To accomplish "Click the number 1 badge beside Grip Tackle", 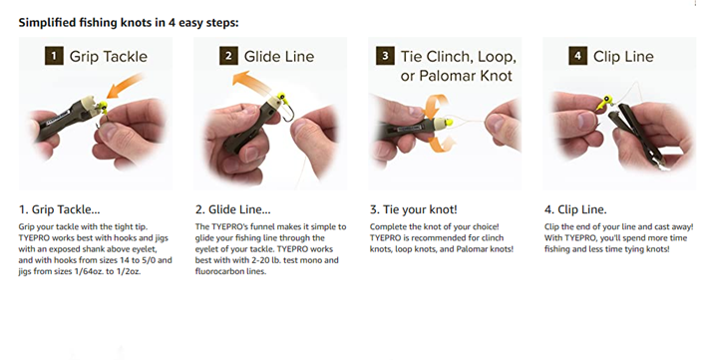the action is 54,56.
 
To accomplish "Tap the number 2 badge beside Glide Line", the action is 228,56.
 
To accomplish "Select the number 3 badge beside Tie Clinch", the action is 385,56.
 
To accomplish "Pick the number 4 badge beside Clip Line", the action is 577,56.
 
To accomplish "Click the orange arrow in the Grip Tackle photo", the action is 125,86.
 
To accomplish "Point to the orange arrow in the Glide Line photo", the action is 251,81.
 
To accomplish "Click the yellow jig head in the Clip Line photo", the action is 604,102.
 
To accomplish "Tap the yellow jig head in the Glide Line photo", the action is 281,97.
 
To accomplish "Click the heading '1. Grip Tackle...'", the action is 59,209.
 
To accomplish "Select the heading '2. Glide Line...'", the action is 233,209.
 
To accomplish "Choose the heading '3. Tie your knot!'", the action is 413,209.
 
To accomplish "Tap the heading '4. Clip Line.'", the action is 575,209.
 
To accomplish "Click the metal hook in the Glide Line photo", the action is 289,112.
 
